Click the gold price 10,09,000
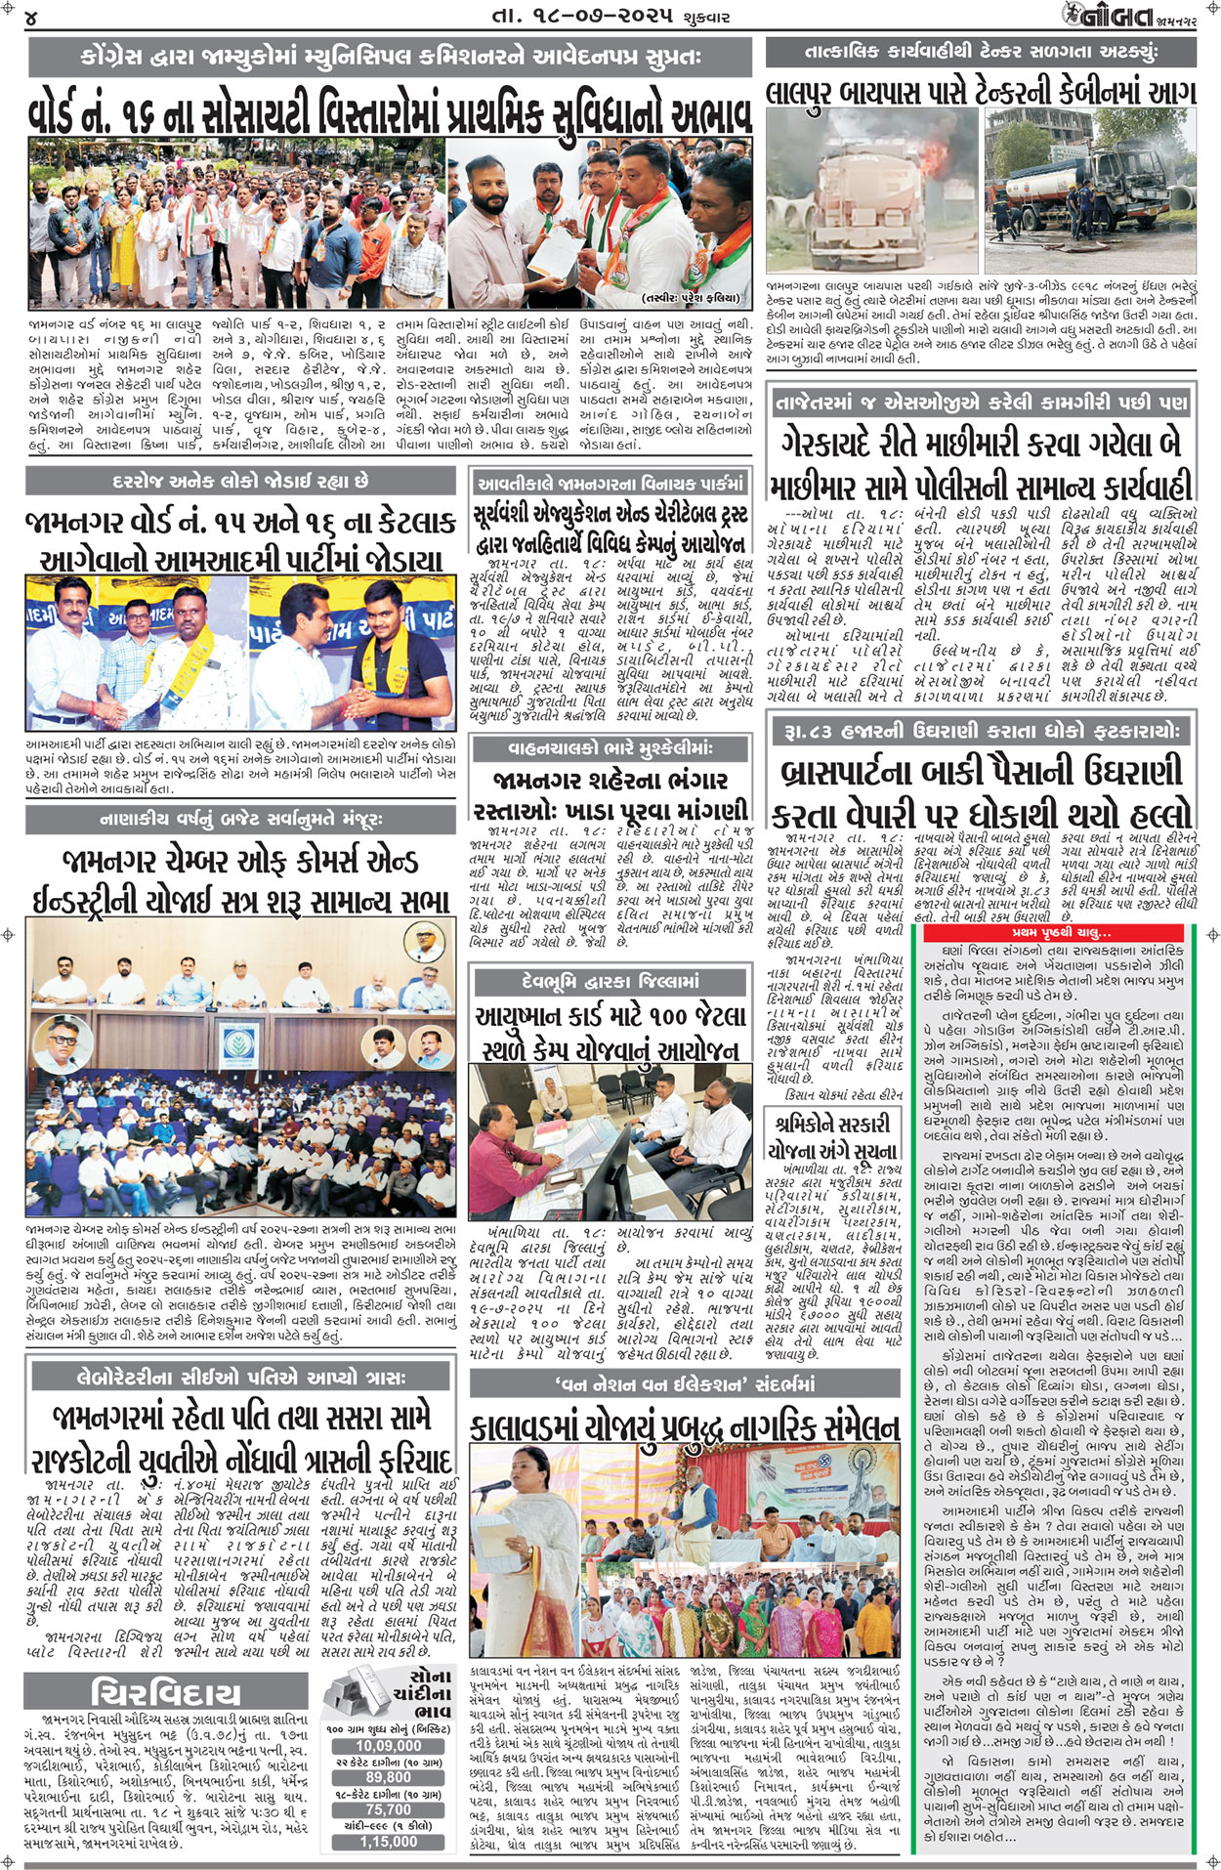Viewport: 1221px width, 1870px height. (x=388, y=1746)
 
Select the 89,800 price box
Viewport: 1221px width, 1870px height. (x=388, y=1778)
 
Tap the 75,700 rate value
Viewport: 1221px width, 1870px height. (x=388, y=1809)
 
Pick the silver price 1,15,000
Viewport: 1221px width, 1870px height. (x=388, y=1842)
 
